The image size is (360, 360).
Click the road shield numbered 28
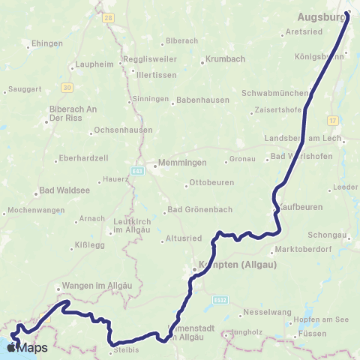point(109,16)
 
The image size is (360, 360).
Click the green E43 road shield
point(137,171)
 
